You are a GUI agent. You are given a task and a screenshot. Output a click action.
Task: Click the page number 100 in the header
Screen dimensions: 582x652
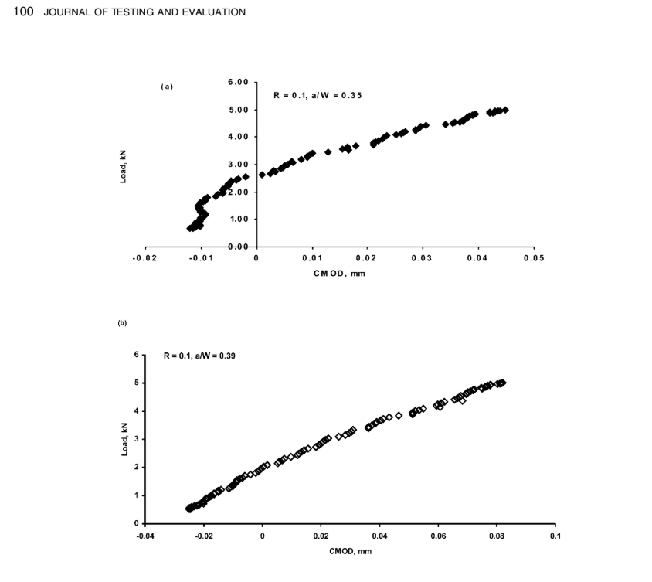[24, 12]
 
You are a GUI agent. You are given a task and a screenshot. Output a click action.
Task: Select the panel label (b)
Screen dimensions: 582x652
[122, 323]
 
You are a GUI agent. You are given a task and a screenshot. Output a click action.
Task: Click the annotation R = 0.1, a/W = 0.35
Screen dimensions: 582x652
[318, 95]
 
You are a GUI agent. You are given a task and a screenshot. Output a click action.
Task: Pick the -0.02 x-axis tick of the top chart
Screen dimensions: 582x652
[146, 259]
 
